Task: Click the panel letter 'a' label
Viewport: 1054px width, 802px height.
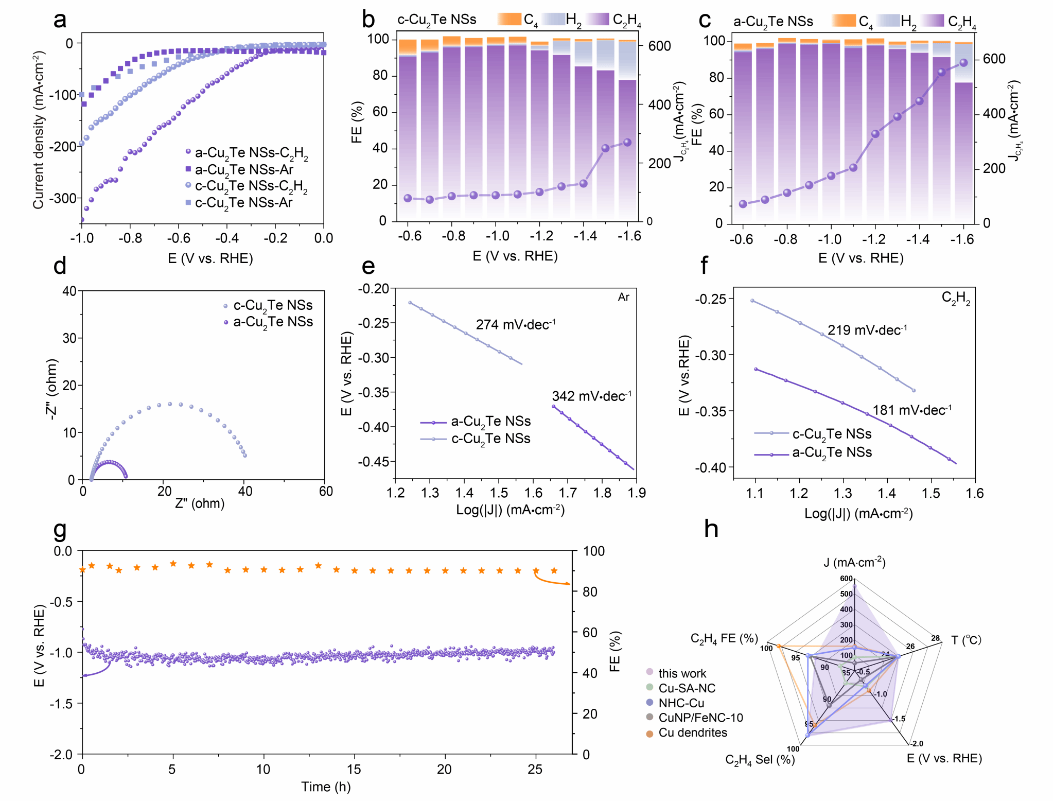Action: (x=60, y=20)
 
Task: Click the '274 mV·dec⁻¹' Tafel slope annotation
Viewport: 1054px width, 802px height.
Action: (x=515, y=325)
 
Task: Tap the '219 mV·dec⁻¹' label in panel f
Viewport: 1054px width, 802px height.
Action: (x=867, y=330)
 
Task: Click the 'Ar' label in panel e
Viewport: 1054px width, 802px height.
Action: (x=623, y=298)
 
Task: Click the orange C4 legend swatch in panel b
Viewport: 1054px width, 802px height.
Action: (x=510, y=20)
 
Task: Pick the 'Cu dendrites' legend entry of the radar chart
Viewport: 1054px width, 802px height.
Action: (x=692, y=733)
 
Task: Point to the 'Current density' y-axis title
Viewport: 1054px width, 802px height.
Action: (x=39, y=130)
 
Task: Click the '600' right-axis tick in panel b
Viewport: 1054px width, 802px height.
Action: (x=659, y=46)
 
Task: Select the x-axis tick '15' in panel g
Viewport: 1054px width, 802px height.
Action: (x=354, y=769)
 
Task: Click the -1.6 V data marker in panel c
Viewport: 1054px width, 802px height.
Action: (x=963, y=63)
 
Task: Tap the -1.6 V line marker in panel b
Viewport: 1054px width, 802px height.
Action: (x=627, y=143)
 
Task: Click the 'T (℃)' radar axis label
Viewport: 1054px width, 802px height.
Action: (x=966, y=640)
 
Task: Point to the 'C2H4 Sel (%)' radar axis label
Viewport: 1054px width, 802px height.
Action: (x=760, y=760)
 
